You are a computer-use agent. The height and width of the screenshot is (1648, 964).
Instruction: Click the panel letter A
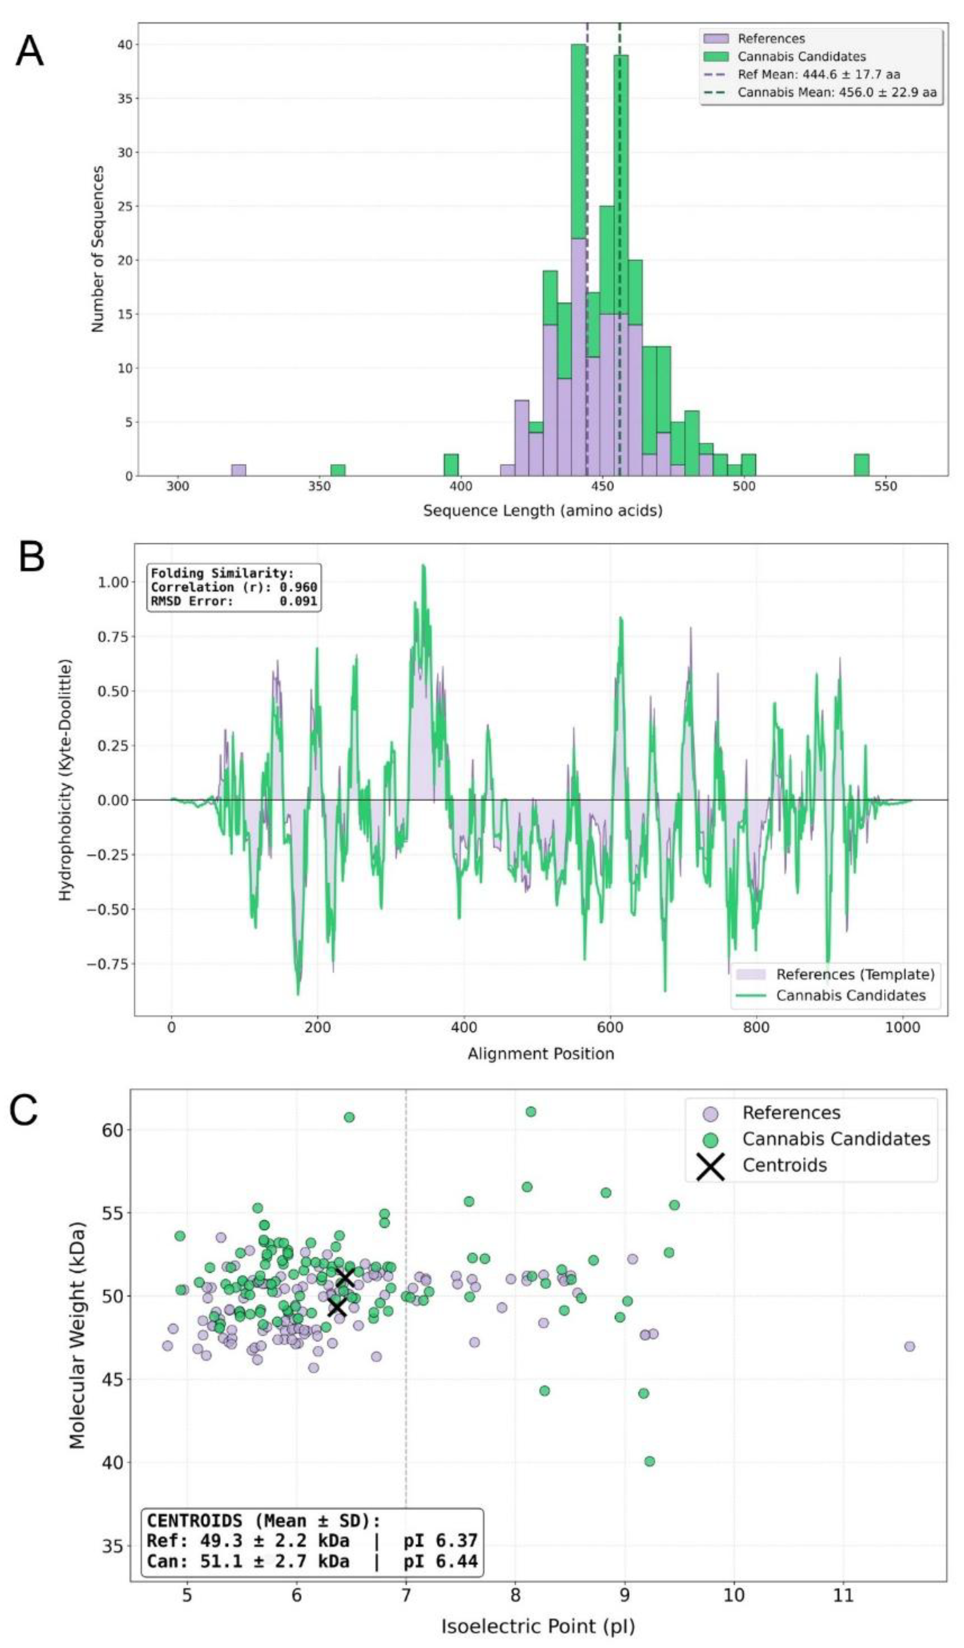point(29,52)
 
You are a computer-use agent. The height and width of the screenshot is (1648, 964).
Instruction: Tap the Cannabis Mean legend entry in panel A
point(836,92)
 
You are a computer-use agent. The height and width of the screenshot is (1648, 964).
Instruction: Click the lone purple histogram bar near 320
point(239,470)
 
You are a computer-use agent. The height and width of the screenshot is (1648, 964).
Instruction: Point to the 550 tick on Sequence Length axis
point(886,487)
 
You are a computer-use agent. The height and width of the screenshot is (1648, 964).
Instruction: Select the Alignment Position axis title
point(540,1054)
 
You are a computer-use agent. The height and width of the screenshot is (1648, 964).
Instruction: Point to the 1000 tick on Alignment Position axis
point(902,1027)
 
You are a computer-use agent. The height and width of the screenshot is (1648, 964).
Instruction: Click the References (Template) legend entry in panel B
point(855,974)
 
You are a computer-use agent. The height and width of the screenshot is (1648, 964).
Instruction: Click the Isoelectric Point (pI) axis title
point(538,1627)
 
